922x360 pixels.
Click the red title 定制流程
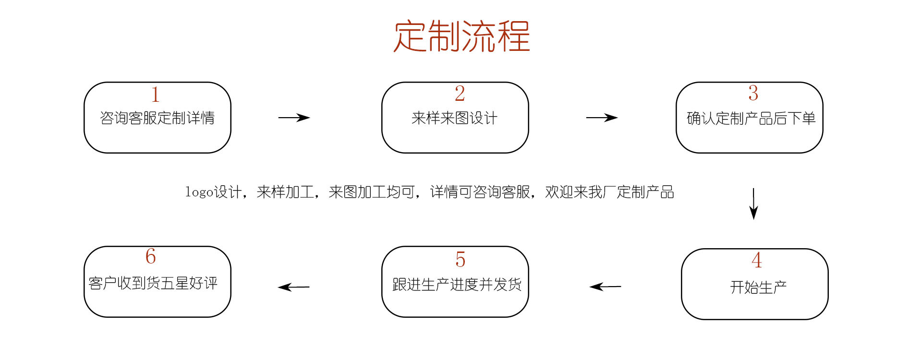[x=462, y=36]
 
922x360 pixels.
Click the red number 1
[x=155, y=94]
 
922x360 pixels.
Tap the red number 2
[x=460, y=93]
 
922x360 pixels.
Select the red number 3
[x=753, y=93]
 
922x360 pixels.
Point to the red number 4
[x=757, y=260]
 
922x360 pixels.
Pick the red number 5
[x=460, y=259]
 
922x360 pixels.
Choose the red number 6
[x=151, y=256]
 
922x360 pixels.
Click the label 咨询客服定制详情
[x=157, y=118]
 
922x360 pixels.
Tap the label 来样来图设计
[x=454, y=118]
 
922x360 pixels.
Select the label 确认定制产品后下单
[x=751, y=118]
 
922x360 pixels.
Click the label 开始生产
[x=758, y=287]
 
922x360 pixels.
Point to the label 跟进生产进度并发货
[x=457, y=284]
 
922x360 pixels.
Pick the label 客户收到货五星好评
[x=153, y=283]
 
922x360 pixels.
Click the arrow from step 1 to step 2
[x=294, y=118]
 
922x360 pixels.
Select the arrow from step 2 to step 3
[x=602, y=118]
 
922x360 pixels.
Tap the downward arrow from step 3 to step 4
[x=753, y=204]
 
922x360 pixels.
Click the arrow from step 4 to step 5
[x=605, y=287]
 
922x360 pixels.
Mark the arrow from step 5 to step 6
[x=294, y=287]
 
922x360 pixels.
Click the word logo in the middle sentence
[x=199, y=192]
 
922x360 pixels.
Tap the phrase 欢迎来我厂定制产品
[x=610, y=192]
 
